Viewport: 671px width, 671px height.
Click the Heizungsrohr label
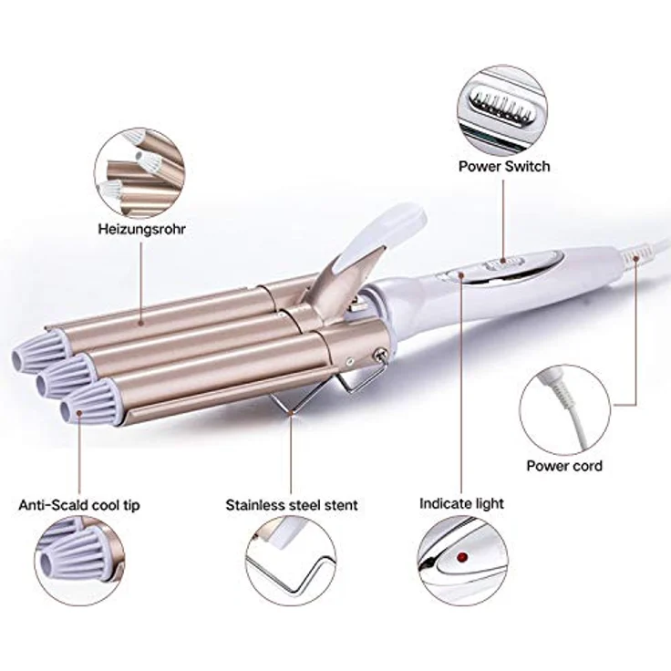pyautogui.click(x=141, y=229)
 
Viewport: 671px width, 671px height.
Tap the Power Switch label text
pyautogui.click(x=504, y=166)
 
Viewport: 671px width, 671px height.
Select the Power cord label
pyautogui.click(x=564, y=466)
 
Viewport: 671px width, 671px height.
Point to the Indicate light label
pyautogui.click(x=461, y=503)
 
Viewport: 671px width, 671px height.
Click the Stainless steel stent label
pyautogui.click(x=292, y=505)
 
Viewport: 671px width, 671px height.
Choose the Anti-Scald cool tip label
pyautogui.click(x=79, y=505)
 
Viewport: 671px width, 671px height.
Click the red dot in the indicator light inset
pyautogui.click(x=461, y=557)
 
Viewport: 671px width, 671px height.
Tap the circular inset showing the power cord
pyautogui.click(x=565, y=410)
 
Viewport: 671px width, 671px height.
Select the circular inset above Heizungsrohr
pyautogui.click(x=139, y=173)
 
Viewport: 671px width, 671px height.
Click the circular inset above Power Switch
pyautogui.click(x=501, y=110)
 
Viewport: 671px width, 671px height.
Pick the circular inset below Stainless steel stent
pyautogui.click(x=291, y=561)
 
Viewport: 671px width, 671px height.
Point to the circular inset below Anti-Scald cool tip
pyautogui.click(x=80, y=561)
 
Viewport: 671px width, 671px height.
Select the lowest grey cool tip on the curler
pyautogui.click(x=88, y=403)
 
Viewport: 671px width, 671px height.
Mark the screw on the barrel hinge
pyautogui.click(x=378, y=355)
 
